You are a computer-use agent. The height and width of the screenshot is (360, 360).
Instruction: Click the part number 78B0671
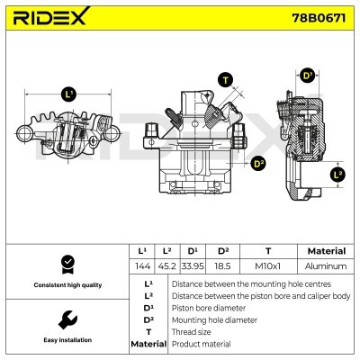317,18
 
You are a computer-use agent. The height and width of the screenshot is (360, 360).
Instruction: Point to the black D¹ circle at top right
308,76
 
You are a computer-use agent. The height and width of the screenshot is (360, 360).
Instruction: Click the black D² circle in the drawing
258,163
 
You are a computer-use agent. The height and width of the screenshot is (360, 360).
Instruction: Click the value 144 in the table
140,266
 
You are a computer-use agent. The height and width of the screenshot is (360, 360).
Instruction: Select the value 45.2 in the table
166,266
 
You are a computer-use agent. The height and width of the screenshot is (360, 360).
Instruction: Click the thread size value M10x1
267,266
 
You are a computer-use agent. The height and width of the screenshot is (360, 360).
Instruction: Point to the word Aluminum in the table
326,266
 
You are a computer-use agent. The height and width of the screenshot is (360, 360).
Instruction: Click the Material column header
326,251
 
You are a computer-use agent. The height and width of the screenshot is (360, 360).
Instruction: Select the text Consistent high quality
66,285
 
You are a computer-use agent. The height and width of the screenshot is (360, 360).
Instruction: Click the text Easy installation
66,341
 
